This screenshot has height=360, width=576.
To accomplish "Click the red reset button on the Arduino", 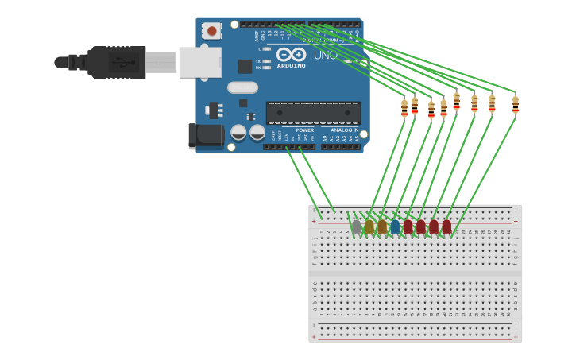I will (x=211, y=31).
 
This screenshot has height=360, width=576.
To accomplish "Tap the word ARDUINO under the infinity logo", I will (x=291, y=66).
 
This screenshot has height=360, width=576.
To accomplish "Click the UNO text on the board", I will (x=325, y=55).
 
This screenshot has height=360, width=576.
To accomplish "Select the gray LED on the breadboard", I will (x=357, y=227).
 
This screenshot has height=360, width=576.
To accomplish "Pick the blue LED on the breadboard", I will (x=395, y=227).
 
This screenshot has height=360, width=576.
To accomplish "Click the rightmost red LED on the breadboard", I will (x=446, y=227).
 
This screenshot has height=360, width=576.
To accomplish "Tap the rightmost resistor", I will (x=515, y=104).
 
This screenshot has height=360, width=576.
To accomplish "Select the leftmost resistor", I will (x=404, y=107).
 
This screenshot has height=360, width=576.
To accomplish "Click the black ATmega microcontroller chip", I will (x=313, y=112).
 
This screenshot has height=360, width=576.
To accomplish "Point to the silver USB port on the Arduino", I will (x=199, y=62).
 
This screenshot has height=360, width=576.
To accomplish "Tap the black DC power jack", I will (x=207, y=135).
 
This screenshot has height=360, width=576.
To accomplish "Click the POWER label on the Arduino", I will (x=304, y=130).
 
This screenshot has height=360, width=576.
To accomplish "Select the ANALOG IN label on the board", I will (x=344, y=130).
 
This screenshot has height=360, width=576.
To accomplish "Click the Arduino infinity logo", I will (x=292, y=55).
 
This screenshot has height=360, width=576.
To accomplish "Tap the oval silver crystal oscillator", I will (x=242, y=87).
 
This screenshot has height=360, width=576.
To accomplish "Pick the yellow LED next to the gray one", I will (x=369, y=227).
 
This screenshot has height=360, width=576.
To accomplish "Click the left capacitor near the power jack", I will (x=238, y=133).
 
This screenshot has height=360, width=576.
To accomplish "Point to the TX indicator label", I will (x=258, y=61).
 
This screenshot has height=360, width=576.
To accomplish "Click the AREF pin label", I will (x=257, y=36).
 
